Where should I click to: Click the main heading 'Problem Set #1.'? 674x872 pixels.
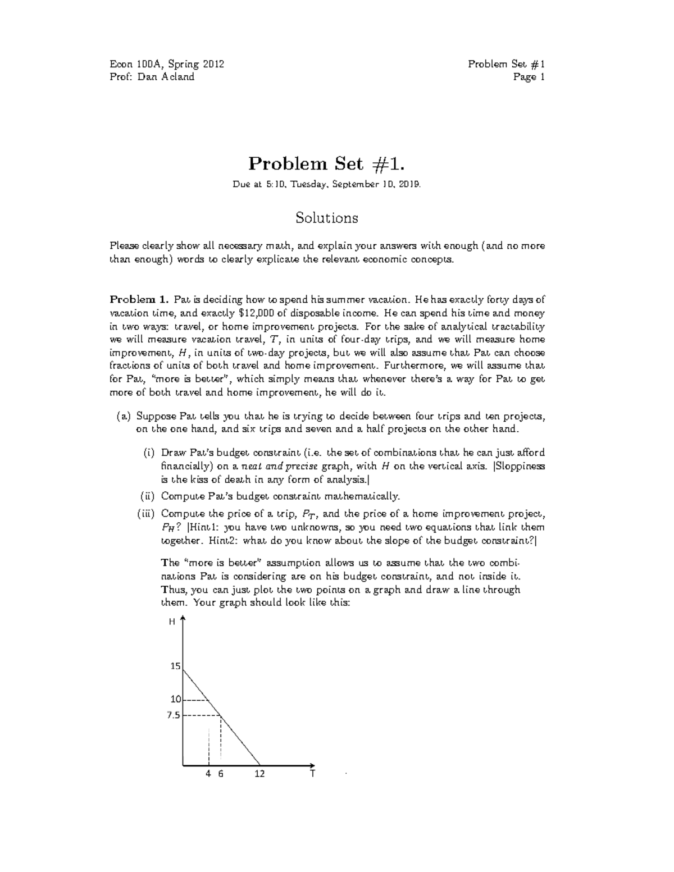coord(326,164)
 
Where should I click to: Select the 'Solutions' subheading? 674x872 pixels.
coord(327,218)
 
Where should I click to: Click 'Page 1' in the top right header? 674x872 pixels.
coord(529,77)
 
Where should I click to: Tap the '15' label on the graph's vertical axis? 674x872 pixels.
coord(175,666)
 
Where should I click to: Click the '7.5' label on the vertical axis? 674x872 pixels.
coord(174,715)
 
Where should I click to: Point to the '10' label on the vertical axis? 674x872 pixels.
coord(176,700)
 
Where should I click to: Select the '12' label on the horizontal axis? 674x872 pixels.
coord(259,774)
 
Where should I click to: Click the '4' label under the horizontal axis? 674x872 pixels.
coord(208,774)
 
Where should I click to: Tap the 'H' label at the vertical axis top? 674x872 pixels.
coord(172,622)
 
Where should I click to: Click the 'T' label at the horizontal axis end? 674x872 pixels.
coord(312,774)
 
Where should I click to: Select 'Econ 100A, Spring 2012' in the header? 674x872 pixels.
coord(167,64)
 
